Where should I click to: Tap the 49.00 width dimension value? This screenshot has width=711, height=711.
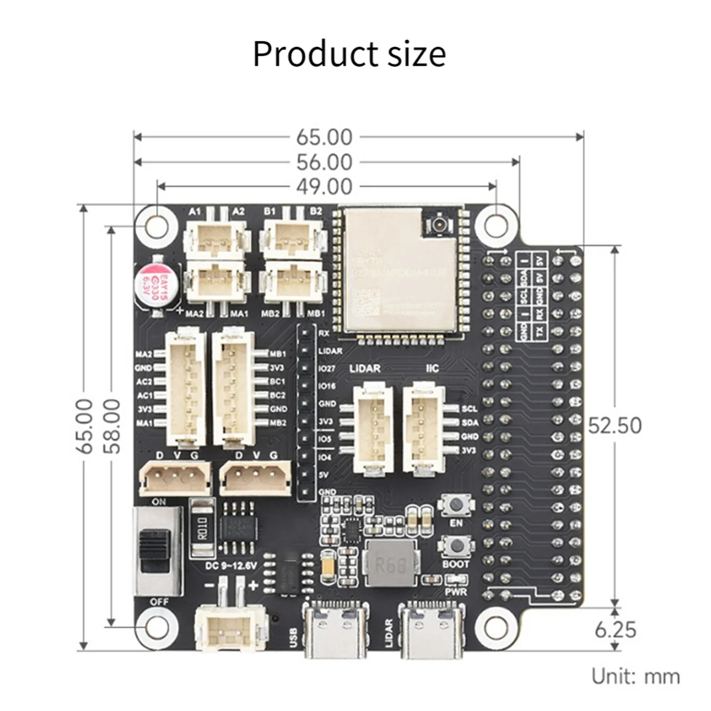coord(324,187)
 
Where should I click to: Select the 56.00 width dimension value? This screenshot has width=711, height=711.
coord(324,162)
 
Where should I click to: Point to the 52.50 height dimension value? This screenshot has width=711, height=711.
coord(614,425)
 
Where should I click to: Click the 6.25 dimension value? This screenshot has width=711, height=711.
coord(616,629)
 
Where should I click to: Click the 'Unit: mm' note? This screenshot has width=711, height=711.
coord(636,676)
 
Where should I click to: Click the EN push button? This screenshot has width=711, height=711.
coord(456,505)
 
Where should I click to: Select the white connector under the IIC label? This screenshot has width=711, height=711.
coord(423,429)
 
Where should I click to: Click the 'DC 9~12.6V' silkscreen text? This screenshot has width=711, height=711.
coord(231,566)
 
